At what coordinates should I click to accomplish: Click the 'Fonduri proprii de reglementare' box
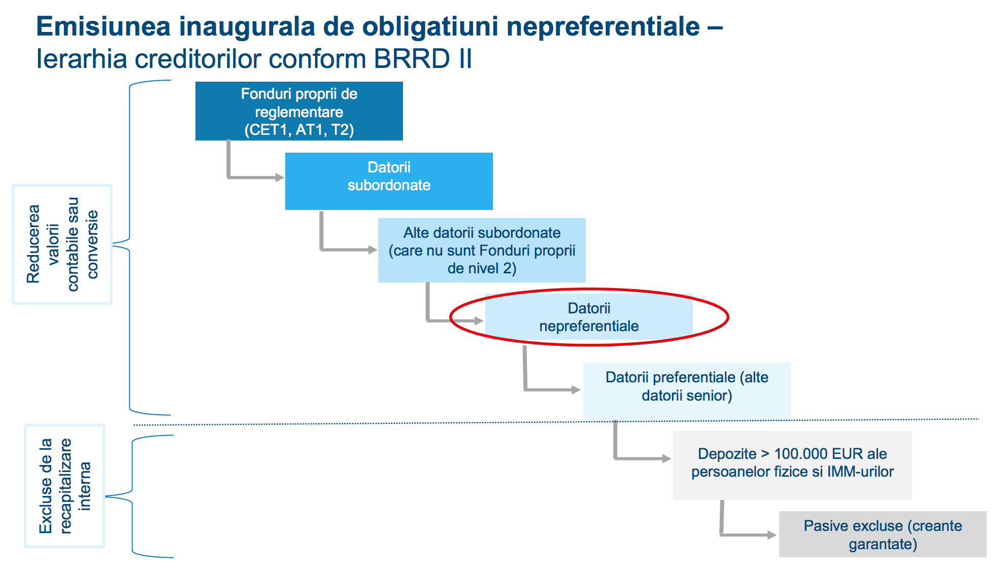coord(299,111)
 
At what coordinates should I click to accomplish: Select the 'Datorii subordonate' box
coord(389,181)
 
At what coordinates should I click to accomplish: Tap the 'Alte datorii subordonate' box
coord(482,250)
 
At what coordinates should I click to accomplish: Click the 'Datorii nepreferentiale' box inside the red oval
coord(589,317)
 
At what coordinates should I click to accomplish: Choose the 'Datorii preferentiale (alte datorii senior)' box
coord(687,391)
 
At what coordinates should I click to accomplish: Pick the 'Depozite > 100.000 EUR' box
coord(792,465)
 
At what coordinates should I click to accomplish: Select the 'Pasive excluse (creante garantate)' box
coord(883,534)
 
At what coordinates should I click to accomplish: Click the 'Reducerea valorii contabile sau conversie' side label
coord(62,244)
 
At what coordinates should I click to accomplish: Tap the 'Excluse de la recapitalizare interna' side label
coord(65,486)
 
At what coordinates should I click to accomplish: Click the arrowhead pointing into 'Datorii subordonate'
coord(280,177)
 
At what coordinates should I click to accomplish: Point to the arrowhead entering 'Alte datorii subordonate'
coord(373,249)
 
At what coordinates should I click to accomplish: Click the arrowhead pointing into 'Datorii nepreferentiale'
coord(478,320)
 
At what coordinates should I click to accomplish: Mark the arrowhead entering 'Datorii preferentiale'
coord(576,389)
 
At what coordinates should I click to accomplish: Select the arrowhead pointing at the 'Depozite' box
coord(667,458)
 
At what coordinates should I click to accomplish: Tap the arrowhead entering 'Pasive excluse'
coord(772,534)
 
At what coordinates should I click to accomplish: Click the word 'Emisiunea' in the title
coord(104,26)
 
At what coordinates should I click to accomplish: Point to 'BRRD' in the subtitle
coord(412,58)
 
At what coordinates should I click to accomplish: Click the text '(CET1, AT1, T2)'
coord(299,130)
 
